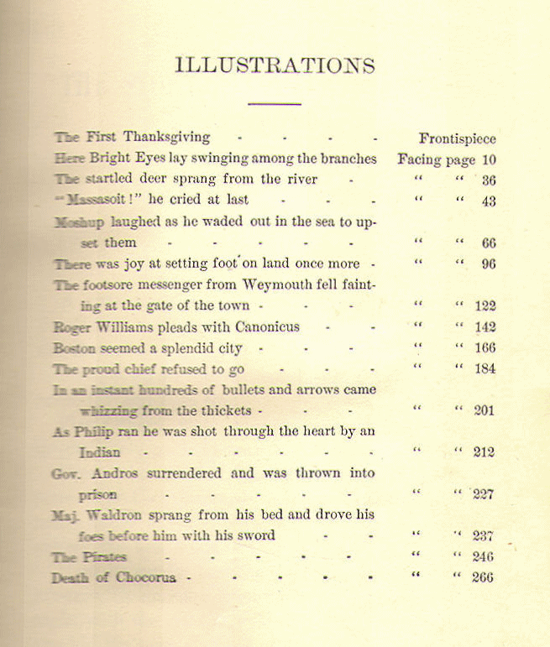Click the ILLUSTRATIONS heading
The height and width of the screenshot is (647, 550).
coord(275,65)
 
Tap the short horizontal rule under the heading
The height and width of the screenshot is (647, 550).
coord(275,104)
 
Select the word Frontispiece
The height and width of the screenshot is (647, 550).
coord(457,138)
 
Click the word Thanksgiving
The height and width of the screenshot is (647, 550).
coord(166,136)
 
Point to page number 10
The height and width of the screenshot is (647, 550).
coord(490,159)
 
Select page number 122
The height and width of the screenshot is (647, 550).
coord(485,306)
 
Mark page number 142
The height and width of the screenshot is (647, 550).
coord(485,327)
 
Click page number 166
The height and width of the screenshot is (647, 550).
coord(485,348)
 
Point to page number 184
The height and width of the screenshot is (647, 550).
coord(485,368)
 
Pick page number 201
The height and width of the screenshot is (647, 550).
coord(485,410)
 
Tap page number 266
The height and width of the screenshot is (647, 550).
coord(483,577)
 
